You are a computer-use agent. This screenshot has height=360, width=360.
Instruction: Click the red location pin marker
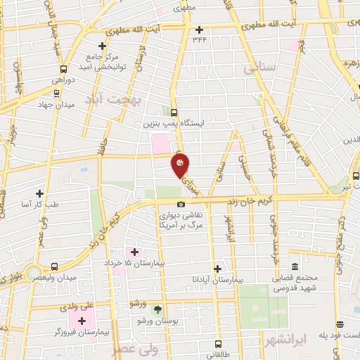click(x=181, y=165)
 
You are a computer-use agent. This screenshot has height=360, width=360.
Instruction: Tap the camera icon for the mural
click(x=181, y=204)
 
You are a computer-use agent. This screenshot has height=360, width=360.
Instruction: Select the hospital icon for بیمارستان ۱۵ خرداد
click(x=134, y=251)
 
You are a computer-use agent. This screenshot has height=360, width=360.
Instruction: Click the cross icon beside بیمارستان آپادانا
click(x=218, y=268)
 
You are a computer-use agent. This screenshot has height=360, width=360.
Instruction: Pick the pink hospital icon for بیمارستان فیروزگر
click(x=82, y=320)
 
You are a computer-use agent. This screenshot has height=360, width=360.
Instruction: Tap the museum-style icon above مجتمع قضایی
click(x=294, y=267)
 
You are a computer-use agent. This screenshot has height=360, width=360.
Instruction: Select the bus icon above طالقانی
click(x=218, y=344)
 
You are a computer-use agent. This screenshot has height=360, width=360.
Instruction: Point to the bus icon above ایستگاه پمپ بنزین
click(x=174, y=112)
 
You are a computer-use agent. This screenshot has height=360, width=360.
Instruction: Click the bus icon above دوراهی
click(x=64, y=69)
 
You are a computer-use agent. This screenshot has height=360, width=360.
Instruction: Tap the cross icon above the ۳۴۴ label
click(x=200, y=30)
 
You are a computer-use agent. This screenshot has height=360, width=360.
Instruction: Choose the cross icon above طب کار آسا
click(x=39, y=193)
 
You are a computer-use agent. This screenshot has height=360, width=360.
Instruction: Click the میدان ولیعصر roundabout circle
click(x=32, y=270)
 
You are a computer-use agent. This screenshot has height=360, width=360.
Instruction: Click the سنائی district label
click(x=257, y=70)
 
